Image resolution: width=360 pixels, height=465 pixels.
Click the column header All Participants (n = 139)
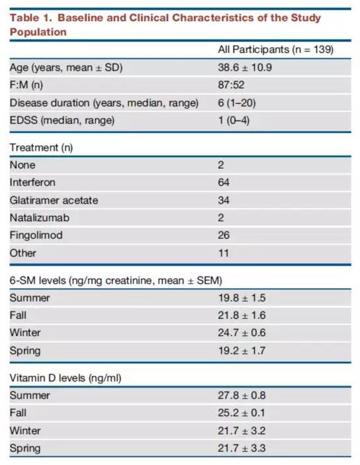click(x=276, y=50)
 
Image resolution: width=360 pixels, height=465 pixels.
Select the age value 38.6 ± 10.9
click(x=245, y=67)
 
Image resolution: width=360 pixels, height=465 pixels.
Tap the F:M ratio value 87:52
click(x=231, y=85)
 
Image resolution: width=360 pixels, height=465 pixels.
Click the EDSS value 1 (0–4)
click(x=234, y=120)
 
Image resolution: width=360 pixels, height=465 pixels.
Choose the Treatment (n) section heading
click(x=41, y=148)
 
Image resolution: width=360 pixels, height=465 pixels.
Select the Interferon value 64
click(x=224, y=183)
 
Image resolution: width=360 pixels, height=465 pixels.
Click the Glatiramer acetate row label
click(x=54, y=200)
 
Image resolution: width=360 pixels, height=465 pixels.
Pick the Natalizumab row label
click(x=40, y=218)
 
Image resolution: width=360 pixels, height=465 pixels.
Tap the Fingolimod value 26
click(x=224, y=235)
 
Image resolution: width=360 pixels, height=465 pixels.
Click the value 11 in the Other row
click(x=223, y=253)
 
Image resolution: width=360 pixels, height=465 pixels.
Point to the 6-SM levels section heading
click(x=116, y=280)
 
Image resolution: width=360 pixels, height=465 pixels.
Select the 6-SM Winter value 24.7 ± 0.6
click(x=242, y=333)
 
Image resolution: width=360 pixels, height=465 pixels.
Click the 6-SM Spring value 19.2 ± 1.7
click(x=242, y=351)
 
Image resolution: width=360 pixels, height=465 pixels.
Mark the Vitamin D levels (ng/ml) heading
click(x=66, y=378)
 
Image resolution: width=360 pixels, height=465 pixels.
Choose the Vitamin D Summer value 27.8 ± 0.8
click(x=242, y=396)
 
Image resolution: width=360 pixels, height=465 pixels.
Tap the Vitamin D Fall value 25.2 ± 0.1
click(x=242, y=413)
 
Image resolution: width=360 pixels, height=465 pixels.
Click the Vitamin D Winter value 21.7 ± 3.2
click(x=242, y=431)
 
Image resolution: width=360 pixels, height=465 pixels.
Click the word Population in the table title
click(x=38, y=32)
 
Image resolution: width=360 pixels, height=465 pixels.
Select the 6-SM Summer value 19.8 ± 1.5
click(x=242, y=298)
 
